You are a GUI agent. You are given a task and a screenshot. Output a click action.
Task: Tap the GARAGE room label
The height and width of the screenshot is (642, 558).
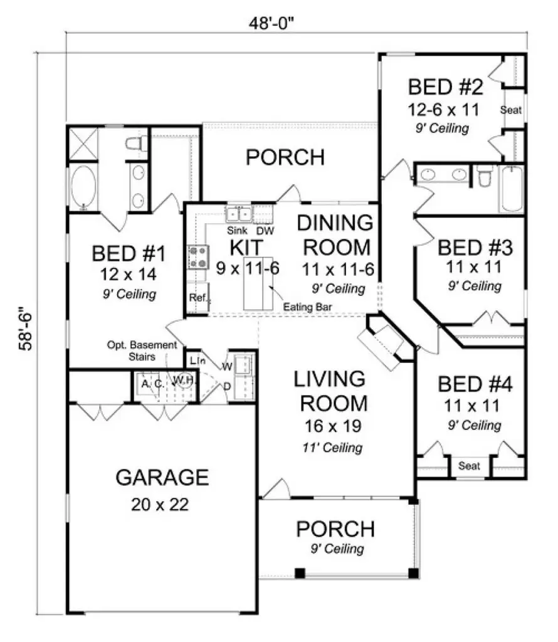pos(162,478)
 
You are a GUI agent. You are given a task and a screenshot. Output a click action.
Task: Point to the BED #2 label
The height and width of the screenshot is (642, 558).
pos(444,86)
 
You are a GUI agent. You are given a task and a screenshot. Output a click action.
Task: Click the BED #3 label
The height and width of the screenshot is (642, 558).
pos(475,248)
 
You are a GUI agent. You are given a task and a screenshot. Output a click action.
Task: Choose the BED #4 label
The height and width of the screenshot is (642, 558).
pos(475,384)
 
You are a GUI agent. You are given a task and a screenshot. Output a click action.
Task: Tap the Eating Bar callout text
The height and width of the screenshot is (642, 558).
pos(307,307)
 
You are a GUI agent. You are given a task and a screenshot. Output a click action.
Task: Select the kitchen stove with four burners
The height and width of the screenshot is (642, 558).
pos(198,257)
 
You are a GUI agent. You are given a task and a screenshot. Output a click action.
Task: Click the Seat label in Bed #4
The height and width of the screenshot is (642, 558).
pos(470,466)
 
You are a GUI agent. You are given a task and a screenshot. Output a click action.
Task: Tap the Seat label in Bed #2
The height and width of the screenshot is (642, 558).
pos(511,110)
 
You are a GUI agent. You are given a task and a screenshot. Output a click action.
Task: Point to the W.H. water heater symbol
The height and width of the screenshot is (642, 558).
pos(182,380)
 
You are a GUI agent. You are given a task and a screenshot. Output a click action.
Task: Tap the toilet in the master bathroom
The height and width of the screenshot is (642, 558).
pos(136,144)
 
